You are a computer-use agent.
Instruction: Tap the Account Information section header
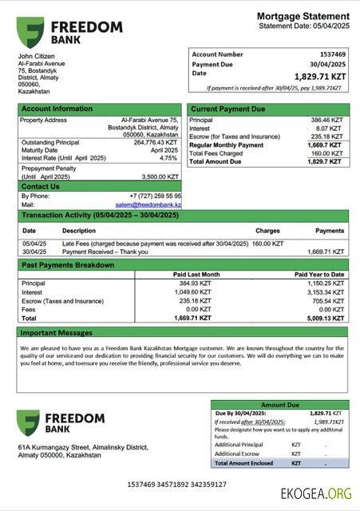57,109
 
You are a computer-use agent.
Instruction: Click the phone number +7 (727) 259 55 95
156,196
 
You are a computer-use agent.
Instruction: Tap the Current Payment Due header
228,109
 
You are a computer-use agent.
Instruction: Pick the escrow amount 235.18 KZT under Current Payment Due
326,137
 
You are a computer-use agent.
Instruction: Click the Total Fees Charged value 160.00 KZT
326,153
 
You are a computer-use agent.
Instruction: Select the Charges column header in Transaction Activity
267,231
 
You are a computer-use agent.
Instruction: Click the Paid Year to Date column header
319,274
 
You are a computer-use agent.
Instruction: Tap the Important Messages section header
57,332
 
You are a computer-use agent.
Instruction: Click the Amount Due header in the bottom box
279,405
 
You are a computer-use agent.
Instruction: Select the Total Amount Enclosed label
243,463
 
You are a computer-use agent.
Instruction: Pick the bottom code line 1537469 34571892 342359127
176,485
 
